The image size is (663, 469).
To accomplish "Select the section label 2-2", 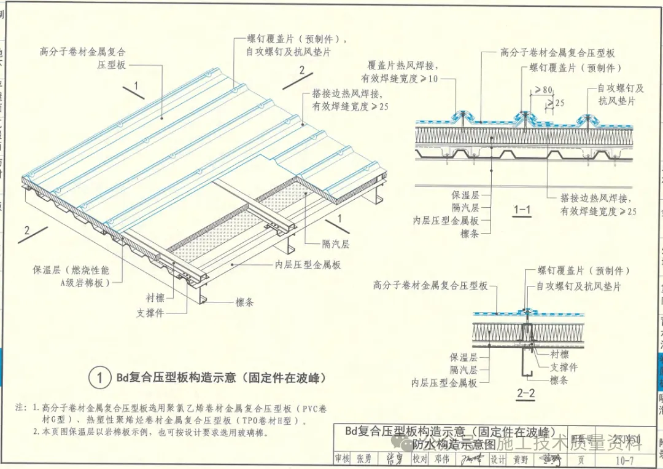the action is [x=525, y=394].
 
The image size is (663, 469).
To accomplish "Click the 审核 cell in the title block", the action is [x=342, y=459].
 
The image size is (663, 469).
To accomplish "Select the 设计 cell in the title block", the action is [x=498, y=459].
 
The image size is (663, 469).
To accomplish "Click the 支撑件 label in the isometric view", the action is [x=150, y=313].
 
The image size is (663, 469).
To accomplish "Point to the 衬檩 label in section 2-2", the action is [x=559, y=355].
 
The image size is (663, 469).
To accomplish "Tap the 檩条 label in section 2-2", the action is [x=559, y=380].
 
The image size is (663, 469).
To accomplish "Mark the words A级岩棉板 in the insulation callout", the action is [x=85, y=283].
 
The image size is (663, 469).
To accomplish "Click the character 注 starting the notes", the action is [x=20, y=408].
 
